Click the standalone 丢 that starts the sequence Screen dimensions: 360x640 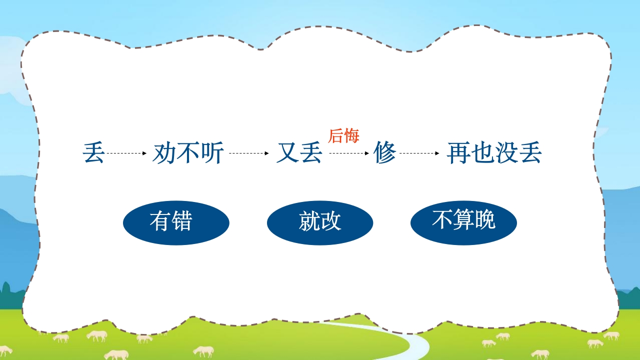[x=93, y=153]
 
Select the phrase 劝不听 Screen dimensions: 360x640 [x=188, y=153]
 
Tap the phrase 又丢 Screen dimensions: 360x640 [x=299, y=153]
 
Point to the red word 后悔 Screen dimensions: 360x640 [x=343, y=135]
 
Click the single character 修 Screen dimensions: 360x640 [x=385, y=153]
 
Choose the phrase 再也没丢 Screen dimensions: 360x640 [x=494, y=153]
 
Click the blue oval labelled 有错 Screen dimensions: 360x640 [x=176, y=222]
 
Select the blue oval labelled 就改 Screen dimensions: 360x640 [x=320, y=222]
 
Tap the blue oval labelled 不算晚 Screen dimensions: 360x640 [x=463, y=222]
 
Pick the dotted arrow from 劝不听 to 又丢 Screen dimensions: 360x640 [x=248, y=153]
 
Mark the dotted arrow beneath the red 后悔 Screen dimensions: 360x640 [x=348, y=153]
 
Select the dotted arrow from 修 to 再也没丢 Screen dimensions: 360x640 [x=419, y=153]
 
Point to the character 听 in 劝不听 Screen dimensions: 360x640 [x=212, y=153]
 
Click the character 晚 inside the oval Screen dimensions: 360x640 [x=484, y=219]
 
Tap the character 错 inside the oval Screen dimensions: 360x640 [x=181, y=221]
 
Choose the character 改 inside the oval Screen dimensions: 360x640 [x=331, y=221]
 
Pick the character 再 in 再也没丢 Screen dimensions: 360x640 [x=458, y=153]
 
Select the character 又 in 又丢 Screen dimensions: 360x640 [x=287, y=153]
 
